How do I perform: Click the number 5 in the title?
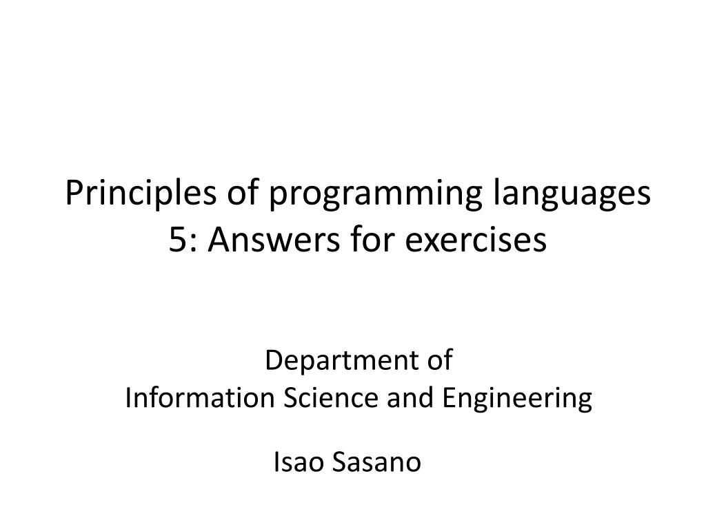pos(176,240)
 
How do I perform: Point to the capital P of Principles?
pos(72,195)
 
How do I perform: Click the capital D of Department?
pos(272,360)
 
